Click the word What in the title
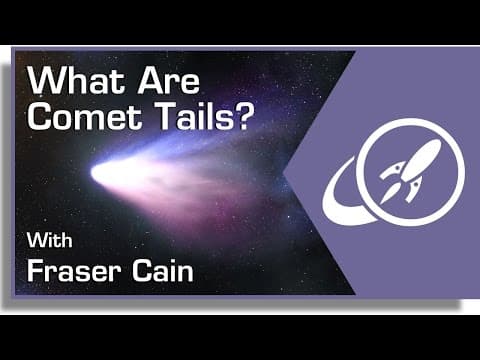[x=76, y=81]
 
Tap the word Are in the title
[x=169, y=81]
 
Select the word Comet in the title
[x=85, y=117]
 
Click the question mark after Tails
[x=243, y=117]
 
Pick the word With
[x=50, y=240]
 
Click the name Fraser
[x=73, y=272]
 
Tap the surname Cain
[x=163, y=272]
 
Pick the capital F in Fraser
[x=36, y=271]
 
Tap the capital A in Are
[x=149, y=81]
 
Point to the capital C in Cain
[x=142, y=271]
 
